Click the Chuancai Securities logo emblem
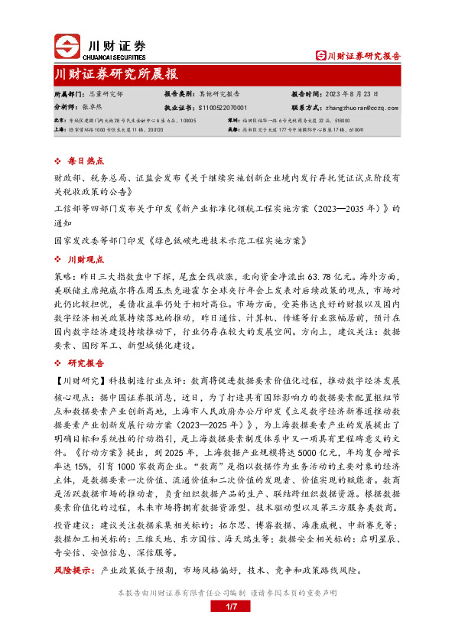[x=67, y=47]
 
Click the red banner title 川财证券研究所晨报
[x=116, y=74]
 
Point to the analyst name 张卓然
[x=93, y=108]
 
